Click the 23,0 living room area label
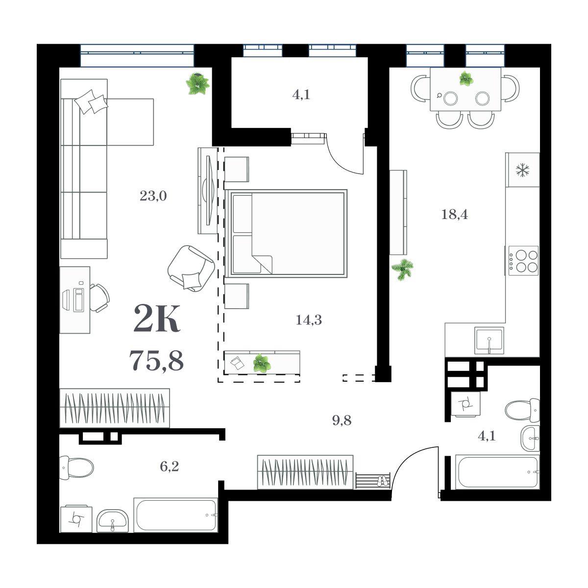coord(153,196)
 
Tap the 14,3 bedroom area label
coord(309,320)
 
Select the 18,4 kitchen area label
coord(454,215)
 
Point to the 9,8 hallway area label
coord(342,420)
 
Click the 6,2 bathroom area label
coord(170,466)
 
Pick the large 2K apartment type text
coord(156,318)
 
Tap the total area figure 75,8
coord(156,360)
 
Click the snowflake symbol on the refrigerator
coord(522,170)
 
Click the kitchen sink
coord(489,341)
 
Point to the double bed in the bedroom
coord(286,233)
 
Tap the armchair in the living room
coord(191,268)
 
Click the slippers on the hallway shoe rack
coord(382,481)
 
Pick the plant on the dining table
coord(466,78)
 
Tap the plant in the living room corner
coord(198,83)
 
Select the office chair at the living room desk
coord(100,298)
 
